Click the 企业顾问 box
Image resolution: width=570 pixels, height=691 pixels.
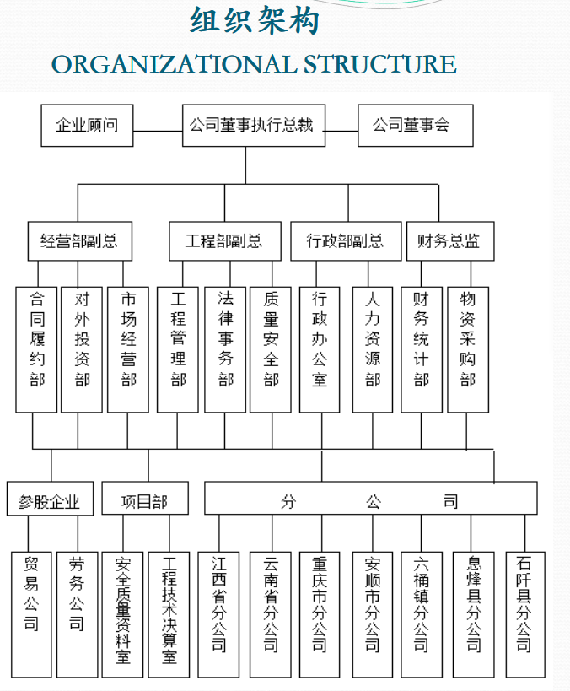(87, 126)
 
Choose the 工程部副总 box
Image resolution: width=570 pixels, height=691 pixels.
(223, 241)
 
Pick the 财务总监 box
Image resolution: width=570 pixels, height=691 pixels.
(449, 241)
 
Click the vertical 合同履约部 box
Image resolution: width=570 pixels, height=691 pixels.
(36, 348)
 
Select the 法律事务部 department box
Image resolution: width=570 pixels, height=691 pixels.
(224, 348)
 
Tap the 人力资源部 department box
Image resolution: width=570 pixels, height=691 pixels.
(372, 348)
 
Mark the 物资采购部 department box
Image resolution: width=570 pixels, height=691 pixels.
(468, 348)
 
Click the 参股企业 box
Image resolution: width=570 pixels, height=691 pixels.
(50, 499)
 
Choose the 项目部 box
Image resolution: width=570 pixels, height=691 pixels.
(144, 499)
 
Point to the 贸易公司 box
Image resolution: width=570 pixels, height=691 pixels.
(31, 614)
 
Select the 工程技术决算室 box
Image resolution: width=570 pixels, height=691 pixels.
(169, 614)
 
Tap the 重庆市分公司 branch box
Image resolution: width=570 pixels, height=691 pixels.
(320, 614)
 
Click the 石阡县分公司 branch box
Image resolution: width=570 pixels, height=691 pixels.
(524, 614)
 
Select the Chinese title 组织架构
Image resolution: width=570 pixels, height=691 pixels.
(255, 20)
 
